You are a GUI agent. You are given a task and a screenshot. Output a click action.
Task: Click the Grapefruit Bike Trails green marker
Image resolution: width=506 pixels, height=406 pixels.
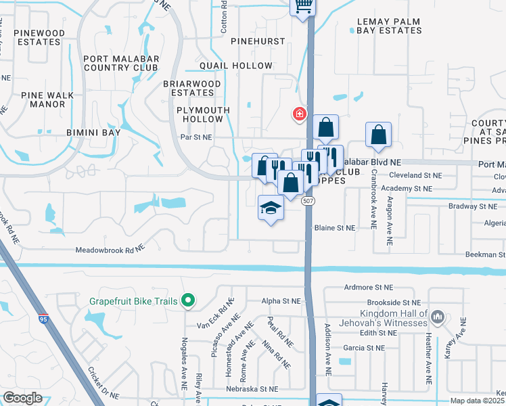point(189,300)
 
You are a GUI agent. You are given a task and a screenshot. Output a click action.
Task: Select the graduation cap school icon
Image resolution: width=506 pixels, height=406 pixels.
point(271,208)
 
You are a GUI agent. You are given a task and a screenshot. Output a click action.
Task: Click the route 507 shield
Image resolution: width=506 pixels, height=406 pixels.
point(308,201)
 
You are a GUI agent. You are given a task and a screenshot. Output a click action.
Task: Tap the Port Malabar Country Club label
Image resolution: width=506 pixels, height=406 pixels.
point(120,63)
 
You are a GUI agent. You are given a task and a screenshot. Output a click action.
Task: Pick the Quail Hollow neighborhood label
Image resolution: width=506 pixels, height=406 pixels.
point(236,66)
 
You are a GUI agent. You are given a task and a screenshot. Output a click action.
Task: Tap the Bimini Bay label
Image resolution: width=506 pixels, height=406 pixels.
point(93,133)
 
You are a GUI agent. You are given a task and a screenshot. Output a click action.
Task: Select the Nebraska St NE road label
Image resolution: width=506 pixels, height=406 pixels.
point(254,389)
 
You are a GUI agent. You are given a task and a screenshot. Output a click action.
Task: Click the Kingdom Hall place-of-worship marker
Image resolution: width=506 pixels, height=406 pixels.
point(438,316)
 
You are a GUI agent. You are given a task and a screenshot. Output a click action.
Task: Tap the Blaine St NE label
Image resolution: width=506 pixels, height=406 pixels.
point(334,229)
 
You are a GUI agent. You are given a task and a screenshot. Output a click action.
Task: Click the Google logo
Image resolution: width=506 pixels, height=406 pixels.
point(22,398)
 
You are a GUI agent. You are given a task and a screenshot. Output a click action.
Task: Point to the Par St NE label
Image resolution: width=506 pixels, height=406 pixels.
point(197,137)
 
